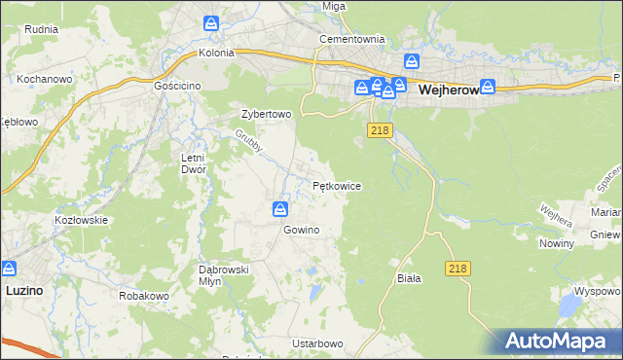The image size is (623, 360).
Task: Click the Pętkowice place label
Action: click(337, 185)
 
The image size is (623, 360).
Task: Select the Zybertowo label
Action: click(267, 114)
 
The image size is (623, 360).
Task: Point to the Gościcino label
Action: click(177, 86)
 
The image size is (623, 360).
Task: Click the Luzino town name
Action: click(23, 290)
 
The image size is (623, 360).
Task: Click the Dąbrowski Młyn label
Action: click(225, 275)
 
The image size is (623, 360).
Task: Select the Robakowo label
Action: click(144, 295)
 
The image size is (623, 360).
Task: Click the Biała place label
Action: click(409, 278)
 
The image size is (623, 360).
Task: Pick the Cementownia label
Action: click(353, 40)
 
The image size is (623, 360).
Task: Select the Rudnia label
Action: click(43, 28)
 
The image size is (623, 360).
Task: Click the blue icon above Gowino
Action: click(280, 209)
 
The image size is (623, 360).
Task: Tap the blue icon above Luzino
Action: click(11, 268)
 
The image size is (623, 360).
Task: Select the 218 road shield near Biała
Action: click(459, 268)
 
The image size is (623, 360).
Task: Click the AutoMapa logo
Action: click(561, 341)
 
